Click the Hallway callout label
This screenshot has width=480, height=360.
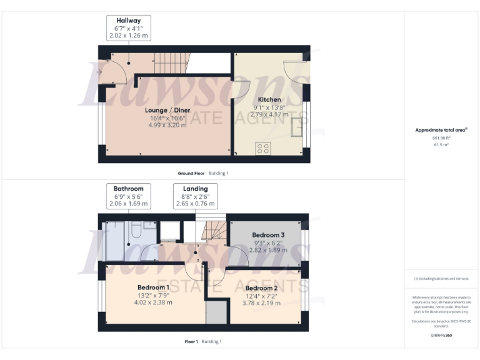[128, 21]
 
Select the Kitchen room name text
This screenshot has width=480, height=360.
[269, 99]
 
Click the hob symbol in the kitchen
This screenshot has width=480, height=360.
[263, 148]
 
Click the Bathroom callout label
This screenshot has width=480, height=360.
[128, 188]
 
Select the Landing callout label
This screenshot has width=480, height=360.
[195, 188]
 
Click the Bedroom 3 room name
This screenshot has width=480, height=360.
[269, 235]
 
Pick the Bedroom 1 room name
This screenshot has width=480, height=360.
[153, 287]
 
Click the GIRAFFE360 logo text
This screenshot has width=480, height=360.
[441, 336]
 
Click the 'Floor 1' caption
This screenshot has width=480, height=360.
[191, 342]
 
